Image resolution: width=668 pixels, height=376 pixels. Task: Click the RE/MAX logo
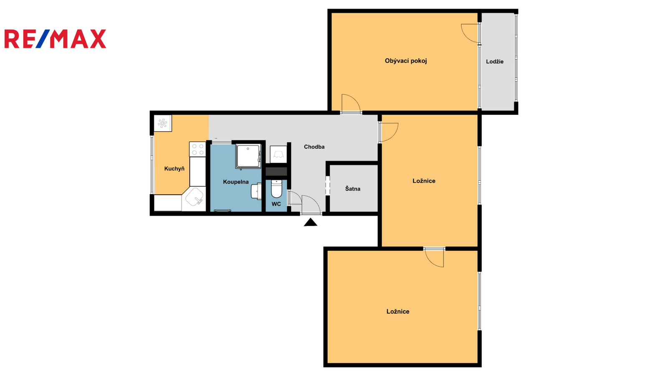pyautogui.click(x=55, y=39)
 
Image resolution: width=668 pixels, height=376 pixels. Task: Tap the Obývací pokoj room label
pyautogui.click(x=405, y=61)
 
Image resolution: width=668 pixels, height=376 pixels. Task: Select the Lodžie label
pyautogui.click(x=495, y=61)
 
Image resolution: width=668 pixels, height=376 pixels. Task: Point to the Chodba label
pyautogui.click(x=314, y=147)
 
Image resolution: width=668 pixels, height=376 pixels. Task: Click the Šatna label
pyautogui.click(x=352, y=188)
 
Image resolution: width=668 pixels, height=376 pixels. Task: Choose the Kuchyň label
pyautogui.click(x=174, y=169)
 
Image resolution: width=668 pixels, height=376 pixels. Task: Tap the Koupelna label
pyautogui.click(x=235, y=182)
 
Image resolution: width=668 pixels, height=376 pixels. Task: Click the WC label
pyautogui.click(x=276, y=204)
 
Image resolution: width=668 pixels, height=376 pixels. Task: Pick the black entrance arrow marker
pyautogui.click(x=311, y=222)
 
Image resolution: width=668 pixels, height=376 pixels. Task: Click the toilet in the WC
pyautogui.click(x=276, y=188)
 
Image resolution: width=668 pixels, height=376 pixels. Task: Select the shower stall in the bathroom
pyautogui.click(x=248, y=156)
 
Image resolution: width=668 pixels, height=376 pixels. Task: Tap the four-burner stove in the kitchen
pyautogui.click(x=197, y=149)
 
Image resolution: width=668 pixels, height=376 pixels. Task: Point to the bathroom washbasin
pyautogui.click(x=256, y=191)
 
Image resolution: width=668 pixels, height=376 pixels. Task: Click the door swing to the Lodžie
pyautogui.click(x=470, y=33)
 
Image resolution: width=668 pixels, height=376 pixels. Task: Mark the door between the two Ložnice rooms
pyautogui.click(x=434, y=257)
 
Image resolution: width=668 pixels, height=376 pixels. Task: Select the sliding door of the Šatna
pyautogui.click(x=327, y=185)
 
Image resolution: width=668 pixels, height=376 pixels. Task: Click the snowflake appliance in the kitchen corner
pyautogui.click(x=162, y=123)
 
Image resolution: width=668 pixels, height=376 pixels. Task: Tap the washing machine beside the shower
pyautogui.click(x=278, y=154)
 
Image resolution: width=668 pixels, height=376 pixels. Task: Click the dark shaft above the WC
pyautogui.click(x=276, y=171)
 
